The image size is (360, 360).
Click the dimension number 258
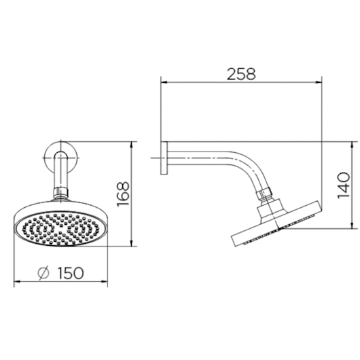[x=241, y=74]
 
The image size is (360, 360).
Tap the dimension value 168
[x=123, y=194]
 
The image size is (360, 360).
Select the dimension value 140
[x=344, y=185]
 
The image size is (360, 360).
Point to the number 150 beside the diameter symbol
[x=70, y=273]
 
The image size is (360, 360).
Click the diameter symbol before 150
[x=43, y=273]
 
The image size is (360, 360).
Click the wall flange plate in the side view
[x=164, y=158]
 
